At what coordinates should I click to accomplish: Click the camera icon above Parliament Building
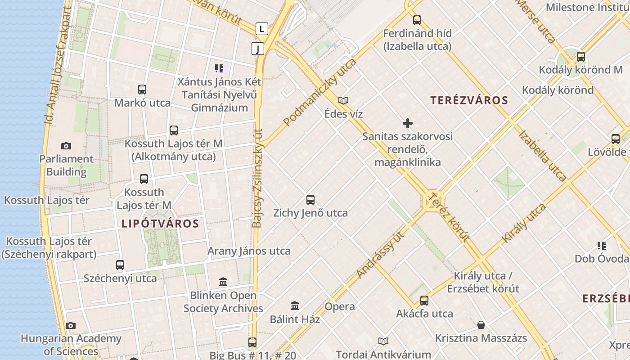(x=66, y=146)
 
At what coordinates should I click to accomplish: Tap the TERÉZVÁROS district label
(x=469, y=100)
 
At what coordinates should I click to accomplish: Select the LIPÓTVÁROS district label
(x=160, y=224)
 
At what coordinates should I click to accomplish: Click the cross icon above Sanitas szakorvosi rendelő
(x=408, y=123)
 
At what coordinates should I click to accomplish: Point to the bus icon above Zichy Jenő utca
(x=310, y=200)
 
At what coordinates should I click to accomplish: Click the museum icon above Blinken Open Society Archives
(x=223, y=282)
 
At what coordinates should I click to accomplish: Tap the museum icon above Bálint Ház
(x=295, y=306)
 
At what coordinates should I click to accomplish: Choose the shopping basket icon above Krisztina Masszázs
(x=481, y=325)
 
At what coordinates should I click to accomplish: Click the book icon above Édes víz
(x=343, y=101)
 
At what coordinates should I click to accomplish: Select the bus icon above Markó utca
(x=142, y=90)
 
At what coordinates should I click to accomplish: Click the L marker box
(x=262, y=29)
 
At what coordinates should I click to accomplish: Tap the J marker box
(x=257, y=49)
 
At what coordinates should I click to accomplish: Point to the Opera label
(x=340, y=307)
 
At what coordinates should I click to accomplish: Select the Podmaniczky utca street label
(x=320, y=92)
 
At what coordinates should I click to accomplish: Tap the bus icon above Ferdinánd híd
(x=417, y=20)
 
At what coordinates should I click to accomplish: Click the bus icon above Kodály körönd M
(x=581, y=57)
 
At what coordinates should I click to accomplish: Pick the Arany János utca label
(x=249, y=251)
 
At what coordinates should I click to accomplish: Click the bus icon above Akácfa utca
(x=424, y=301)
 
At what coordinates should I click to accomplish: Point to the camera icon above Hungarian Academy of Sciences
(x=71, y=325)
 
